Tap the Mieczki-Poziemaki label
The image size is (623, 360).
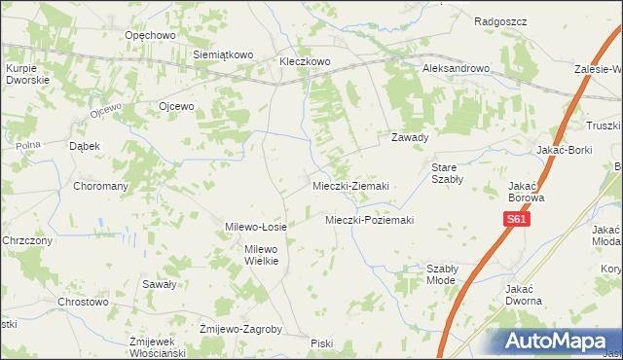click(369, 220)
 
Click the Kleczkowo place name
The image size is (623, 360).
click(306, 61)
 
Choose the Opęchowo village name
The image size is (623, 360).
click(149, 35)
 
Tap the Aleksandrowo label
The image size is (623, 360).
click(456, 69)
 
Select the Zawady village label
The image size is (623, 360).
click(410, 137)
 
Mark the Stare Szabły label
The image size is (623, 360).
click(449, 172)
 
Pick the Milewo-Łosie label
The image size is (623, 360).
click(255, 227)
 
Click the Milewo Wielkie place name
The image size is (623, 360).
click(261, 255)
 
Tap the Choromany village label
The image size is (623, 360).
click(102, 185)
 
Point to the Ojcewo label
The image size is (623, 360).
click(177, 106)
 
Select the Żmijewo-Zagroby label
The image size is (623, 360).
click(239, 329)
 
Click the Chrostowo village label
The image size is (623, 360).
click(82, 303)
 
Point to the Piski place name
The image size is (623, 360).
click(321, 343)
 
